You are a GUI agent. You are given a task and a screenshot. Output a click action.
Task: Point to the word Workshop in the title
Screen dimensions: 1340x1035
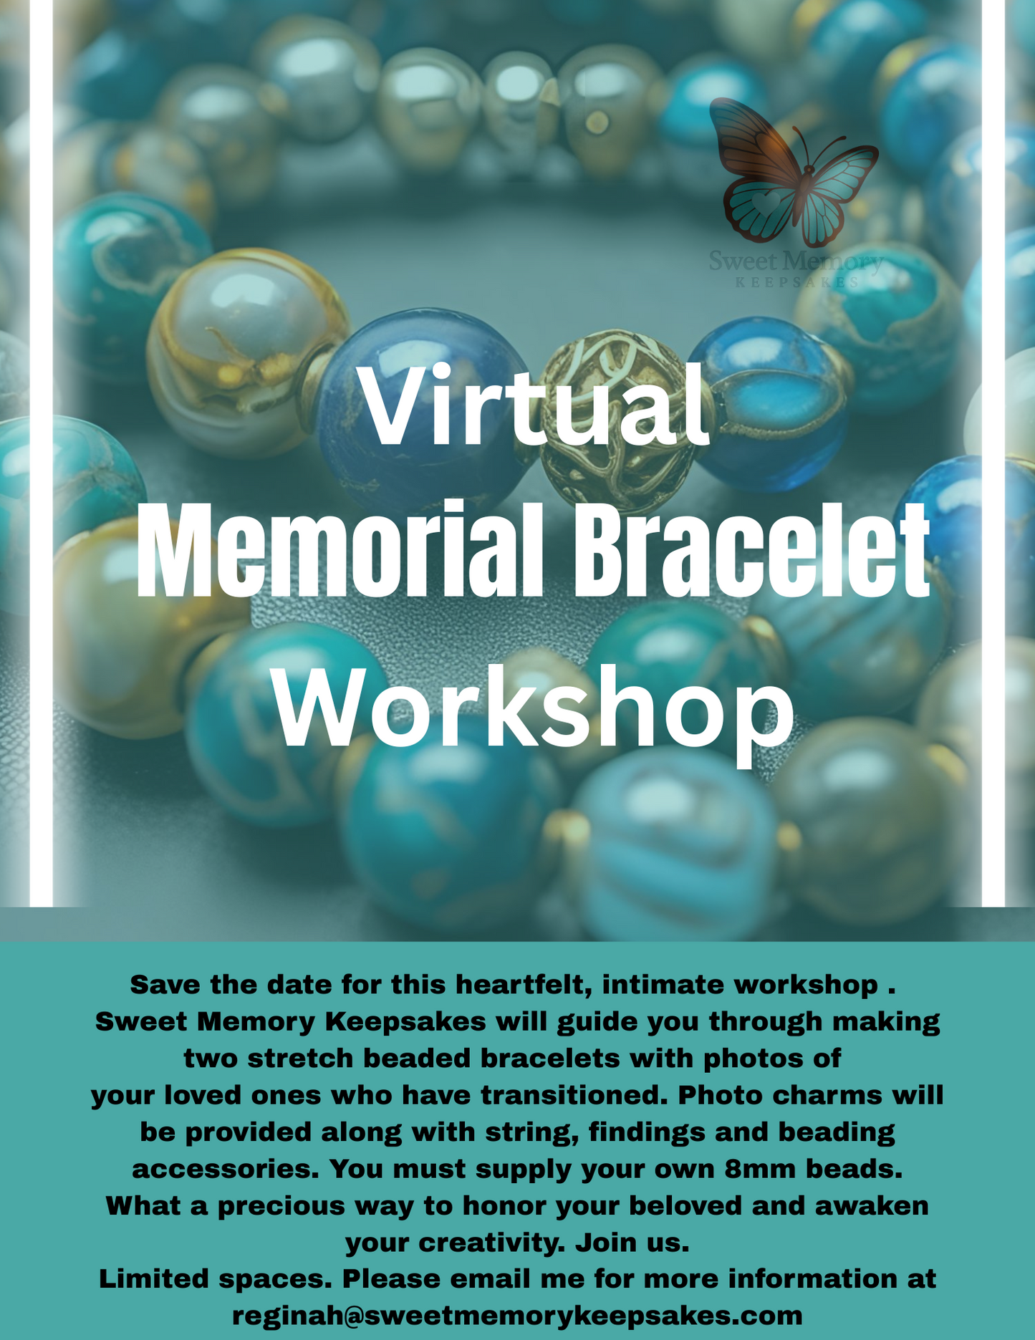point(534,709)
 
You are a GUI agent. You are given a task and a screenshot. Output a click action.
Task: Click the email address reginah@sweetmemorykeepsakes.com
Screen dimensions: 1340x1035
point(517,1316)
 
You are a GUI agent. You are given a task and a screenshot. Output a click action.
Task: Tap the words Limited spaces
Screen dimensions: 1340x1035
point(211,1278)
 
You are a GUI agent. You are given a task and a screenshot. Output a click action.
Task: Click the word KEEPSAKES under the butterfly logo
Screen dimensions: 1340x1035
point(796,282)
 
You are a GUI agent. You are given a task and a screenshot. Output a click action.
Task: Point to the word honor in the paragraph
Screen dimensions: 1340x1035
point(504,1206)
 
